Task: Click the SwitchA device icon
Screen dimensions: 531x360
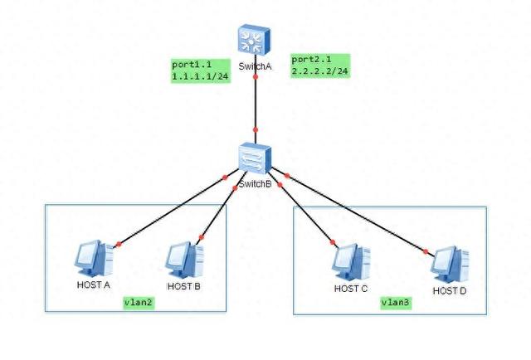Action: tap(254, 40)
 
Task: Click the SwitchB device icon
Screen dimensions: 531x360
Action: tap(255, 158)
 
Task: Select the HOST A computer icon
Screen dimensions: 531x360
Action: tap(94, 259)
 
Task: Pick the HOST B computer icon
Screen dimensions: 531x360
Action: tap(184, 260)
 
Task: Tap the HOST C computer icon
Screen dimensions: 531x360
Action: tap(351, 262)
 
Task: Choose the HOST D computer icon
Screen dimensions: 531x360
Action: tap(450, 265)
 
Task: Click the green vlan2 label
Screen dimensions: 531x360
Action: tap(139, 302)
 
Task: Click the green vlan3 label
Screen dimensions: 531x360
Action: tap(396, 303)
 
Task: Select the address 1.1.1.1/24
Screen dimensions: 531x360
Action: tap(200, 76)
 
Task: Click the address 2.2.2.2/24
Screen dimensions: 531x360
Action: tap(320, 71)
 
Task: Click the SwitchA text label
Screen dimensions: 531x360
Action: tap(255, 66)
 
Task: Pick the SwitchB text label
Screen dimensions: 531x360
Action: tap(255, 184)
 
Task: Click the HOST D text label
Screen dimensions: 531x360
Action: tap(450, 291)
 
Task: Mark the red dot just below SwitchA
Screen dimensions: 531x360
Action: tap(256, 77)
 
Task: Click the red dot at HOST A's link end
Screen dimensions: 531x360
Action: tap(118, 244)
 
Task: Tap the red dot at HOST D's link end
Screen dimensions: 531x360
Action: tap(426, 251)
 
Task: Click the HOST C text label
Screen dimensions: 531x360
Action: tap(350, 289)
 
